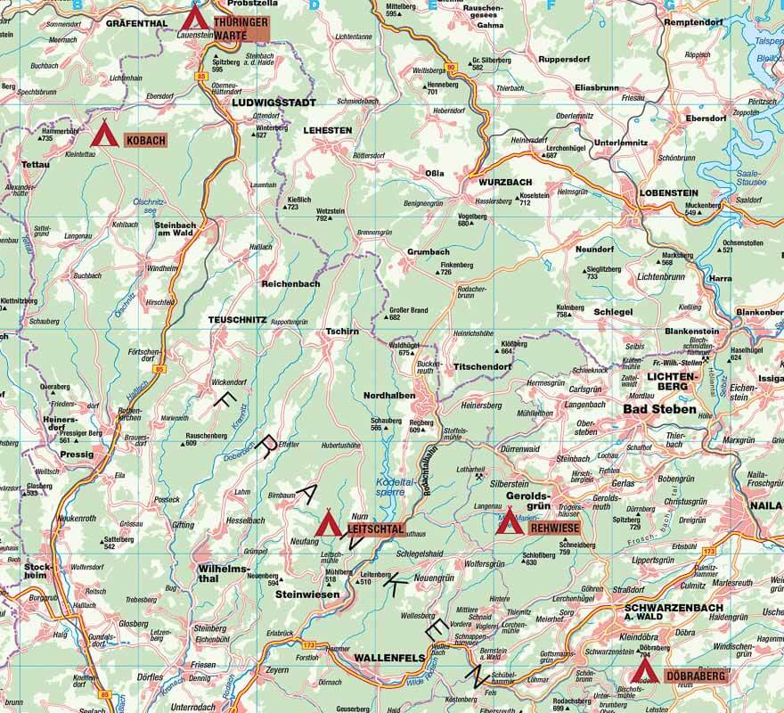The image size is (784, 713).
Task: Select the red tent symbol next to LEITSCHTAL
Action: (328, 523)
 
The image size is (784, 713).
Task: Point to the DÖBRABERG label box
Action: (695, 676)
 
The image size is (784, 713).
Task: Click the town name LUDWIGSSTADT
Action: (274, 102)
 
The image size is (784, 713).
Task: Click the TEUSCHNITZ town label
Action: (241, 319)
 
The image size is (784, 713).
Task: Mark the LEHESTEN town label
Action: (328, 130)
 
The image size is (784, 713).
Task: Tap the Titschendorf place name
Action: (483, 366)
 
